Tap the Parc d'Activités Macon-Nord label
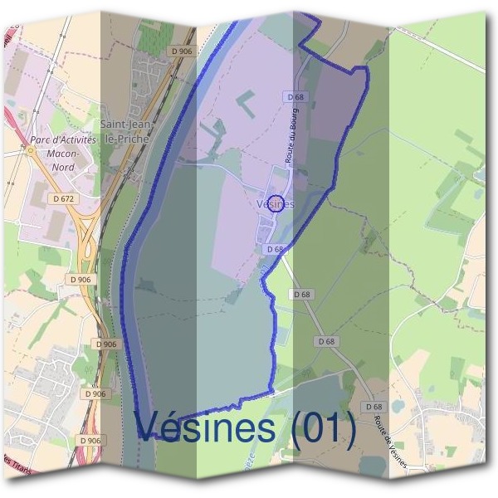pos(62,154)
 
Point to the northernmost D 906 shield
pos(180,51)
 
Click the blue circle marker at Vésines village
pos(280,203)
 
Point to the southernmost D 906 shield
pos(89,440)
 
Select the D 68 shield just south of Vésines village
pos(276,249)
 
